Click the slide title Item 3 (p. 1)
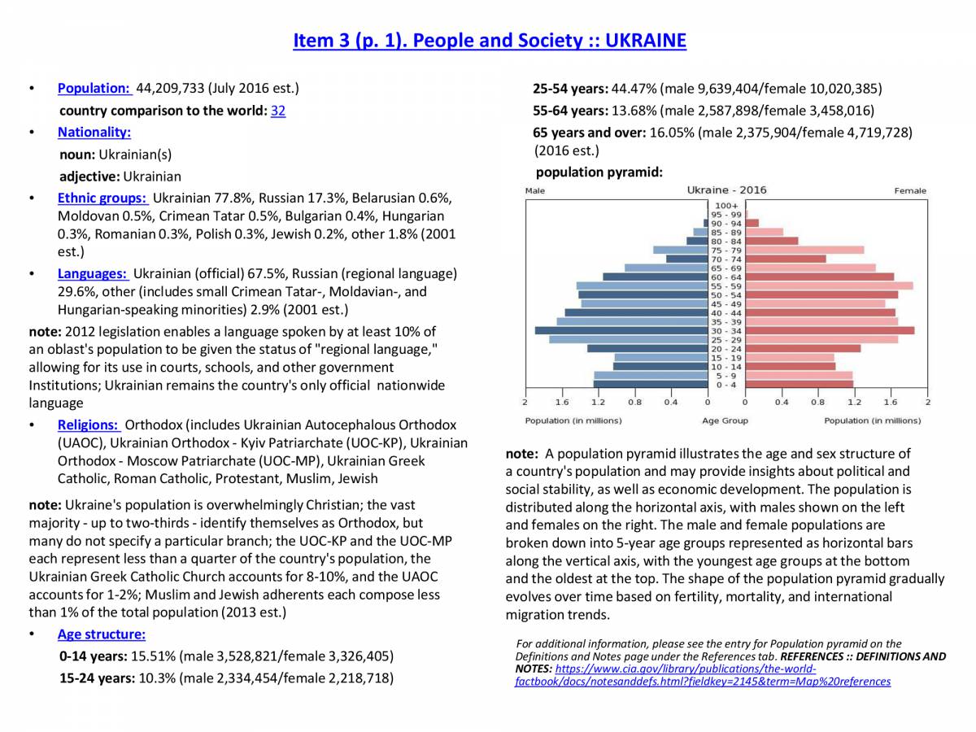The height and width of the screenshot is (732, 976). pos(489,41)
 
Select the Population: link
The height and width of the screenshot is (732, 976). pos(94,88)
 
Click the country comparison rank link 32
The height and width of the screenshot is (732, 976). pos(278,111)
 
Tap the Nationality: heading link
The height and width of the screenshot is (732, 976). pos(94,132)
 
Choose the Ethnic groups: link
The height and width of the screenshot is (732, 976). pos(102,198)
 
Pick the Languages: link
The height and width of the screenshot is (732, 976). pos(92,273)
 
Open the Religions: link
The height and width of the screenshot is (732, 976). pos(89,425)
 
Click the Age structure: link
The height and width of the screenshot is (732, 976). pos(101,634)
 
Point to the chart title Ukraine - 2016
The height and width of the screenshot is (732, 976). pos(726,190)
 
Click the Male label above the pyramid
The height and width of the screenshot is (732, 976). pos(535,191)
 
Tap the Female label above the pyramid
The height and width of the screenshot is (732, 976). pos(910,191)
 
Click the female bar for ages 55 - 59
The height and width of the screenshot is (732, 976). pos(829,285)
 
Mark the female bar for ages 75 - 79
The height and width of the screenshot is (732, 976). pos(804,250)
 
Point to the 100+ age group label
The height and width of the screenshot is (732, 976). pos(727,205)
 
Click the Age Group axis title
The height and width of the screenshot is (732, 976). pos(725,420)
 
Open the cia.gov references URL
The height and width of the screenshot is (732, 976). pos(703,675)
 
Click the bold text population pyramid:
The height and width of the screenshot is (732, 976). pos(599,172)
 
